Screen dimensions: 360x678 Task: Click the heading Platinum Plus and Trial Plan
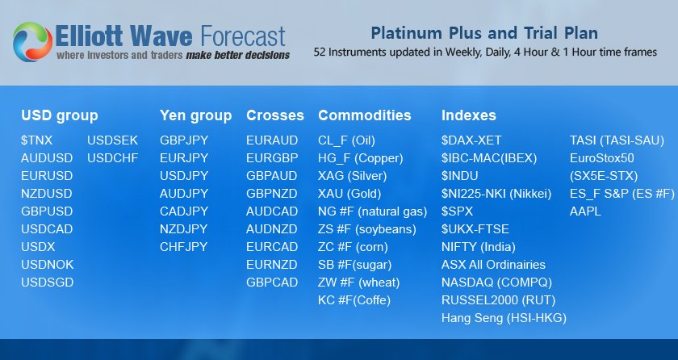point(484,33)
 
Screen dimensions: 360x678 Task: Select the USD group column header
point(60,115)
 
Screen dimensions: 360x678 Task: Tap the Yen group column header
point(195,115)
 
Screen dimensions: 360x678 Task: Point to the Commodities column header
point(364,115)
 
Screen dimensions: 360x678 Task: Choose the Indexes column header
point(469,115)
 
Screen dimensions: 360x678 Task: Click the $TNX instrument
point(37,140)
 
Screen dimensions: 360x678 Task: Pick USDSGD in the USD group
point(47,283)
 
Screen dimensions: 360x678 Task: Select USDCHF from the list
point(112,158)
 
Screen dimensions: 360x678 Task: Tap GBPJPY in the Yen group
point(184,140)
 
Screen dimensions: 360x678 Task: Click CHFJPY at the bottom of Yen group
point(184,247)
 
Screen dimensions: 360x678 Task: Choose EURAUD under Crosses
point(272,140)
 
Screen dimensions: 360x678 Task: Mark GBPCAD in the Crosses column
point(272,283)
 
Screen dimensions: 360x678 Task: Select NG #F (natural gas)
point(372,211)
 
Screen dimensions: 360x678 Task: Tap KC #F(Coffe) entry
point(354,300)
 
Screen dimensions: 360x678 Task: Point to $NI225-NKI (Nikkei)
point(496,194)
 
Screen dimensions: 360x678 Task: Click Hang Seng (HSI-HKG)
point(504,318)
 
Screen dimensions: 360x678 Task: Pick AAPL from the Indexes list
point(585,211)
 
